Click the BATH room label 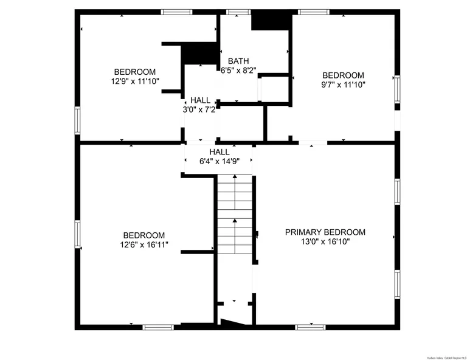click(x=238, y=61)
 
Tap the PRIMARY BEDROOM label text click(x=325, y=232)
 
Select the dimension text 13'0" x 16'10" click(x=325, y=241)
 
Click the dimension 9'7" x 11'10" click(x=344, y=85)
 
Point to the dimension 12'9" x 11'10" click(x=135, y=80)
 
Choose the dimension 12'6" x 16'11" click(x=144, y=244)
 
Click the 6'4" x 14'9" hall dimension click(x=220, y=162)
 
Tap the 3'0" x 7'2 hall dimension click(x=200, y=110)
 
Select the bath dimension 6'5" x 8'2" click(x=238, y=71)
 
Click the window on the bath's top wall click(x=238, y=12)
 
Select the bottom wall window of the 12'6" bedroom click(x=158, y=327)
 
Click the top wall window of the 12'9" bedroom click(x=176, y=12)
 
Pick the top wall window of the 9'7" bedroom click(x=314, y=12)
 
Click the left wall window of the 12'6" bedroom click(x=77, y=234)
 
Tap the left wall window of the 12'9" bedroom click(x=77, y=119)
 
